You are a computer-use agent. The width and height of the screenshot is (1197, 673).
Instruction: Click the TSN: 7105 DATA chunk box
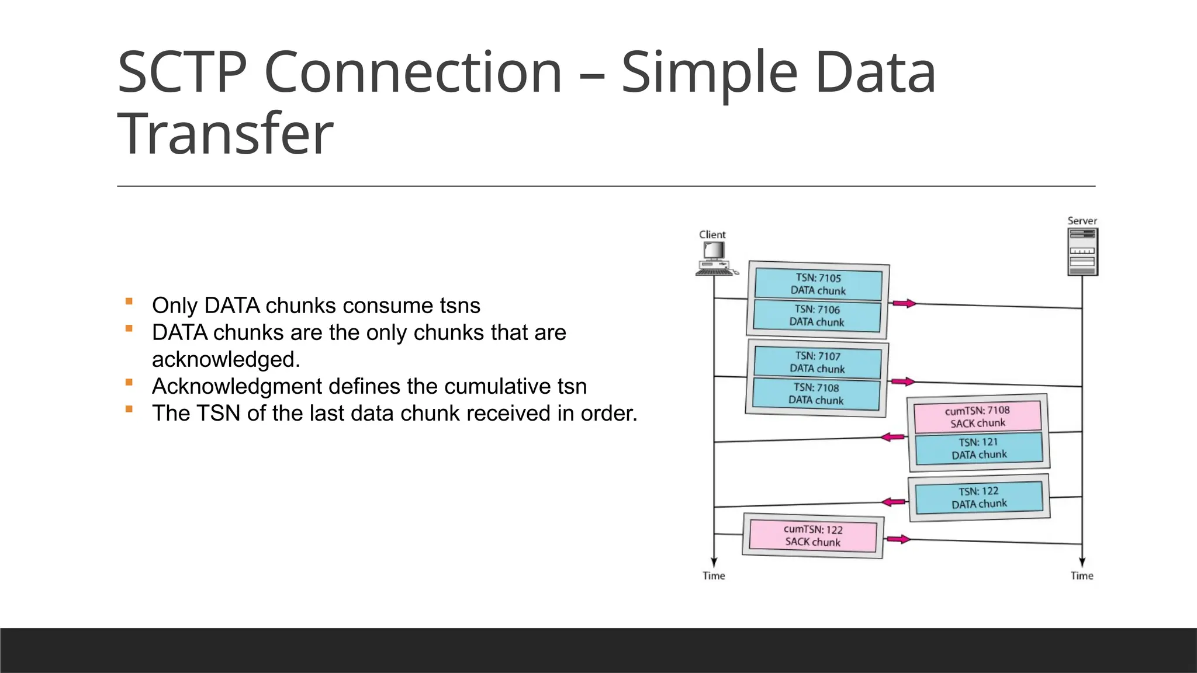click(x=818, y=284)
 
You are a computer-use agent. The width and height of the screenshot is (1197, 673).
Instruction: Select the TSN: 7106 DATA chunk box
click(x=817, y=315)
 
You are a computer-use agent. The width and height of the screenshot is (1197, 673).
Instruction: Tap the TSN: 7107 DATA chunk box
click(x=817, y=362)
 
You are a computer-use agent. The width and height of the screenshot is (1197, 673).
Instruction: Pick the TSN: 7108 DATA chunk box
click(x=816, y=394)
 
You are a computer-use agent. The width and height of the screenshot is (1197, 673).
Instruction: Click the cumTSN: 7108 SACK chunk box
click(x=978, y=417)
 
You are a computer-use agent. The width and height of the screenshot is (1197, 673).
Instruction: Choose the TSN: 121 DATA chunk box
click(x=979, y=448)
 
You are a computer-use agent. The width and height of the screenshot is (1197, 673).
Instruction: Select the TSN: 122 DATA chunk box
click(x=979, y=497)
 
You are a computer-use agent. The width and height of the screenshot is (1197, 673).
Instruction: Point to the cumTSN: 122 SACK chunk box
click(x=812, y=535)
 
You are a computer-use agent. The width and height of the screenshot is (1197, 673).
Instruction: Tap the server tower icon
click(x=1082, y=252)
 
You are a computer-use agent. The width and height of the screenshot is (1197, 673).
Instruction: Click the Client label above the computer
click(x=712, y=234)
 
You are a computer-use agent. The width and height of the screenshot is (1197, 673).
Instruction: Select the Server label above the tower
click(x=1082, y=221)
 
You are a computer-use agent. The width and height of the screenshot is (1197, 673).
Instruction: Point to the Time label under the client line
click(x=714, y=575)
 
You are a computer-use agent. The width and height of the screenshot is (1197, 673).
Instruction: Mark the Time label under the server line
click(x=1082, y=575)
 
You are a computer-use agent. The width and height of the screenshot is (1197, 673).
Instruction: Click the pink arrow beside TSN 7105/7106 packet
click(x=904, y=303)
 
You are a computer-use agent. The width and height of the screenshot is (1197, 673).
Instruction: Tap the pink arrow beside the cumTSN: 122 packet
click(x=897, y=539)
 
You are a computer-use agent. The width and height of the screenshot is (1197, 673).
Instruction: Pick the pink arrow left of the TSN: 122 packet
click(x=893, y=502)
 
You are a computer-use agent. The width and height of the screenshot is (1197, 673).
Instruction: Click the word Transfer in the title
click(x=226, y=134)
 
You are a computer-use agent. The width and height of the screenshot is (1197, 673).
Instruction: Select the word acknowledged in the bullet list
click(x=226, y=359)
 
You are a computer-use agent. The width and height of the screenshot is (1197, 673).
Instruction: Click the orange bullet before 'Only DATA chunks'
click(x=129, y=301)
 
